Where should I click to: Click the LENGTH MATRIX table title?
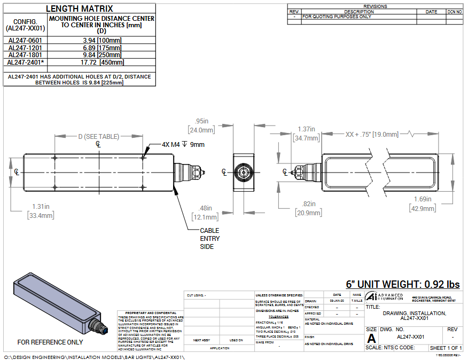tap(80, 8)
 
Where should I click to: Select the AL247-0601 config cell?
tap(26, 40)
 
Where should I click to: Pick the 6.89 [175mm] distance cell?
tap(102, 48)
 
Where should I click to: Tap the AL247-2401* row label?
tap(26, 62)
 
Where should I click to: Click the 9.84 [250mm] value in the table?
tap(102, 54)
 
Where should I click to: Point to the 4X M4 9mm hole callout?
tap(183, 144)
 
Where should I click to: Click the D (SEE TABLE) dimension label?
tap(99, 137)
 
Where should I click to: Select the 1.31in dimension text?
tap(41, 207)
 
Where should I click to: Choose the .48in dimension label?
tap(205, 208)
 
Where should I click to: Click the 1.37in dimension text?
tap(306, 129)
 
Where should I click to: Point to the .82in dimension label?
tap(309, 204)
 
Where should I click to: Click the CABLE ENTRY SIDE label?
tap(209, 238)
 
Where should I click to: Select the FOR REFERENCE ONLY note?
tap(50, 342)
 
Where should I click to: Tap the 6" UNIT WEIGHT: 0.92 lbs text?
tap(403, 284)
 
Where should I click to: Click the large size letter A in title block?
tap(371, 338)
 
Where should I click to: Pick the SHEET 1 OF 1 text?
tap(446, 348)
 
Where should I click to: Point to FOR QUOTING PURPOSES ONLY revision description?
tap(337, 17)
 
